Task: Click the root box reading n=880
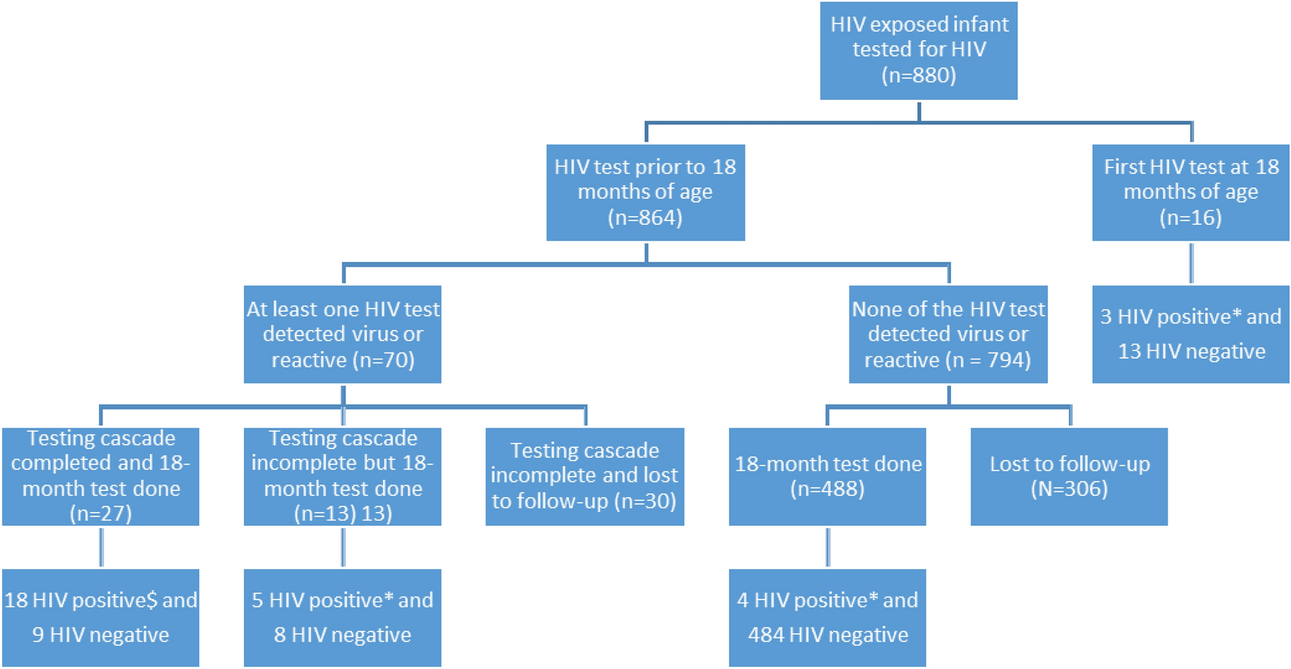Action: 918,50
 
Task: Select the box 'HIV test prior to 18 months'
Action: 645,192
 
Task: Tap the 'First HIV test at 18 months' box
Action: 1190,192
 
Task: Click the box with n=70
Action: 342,334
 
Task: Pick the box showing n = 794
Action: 948,334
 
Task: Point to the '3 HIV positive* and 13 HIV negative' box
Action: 1190,334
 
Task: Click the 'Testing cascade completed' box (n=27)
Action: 100,476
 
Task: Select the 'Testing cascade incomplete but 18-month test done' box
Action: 342,476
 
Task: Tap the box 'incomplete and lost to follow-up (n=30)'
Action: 585,476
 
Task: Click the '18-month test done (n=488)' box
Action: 828,476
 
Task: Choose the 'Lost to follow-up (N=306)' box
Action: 1069,476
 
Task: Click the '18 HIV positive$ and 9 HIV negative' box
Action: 100,617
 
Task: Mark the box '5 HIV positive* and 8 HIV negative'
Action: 342,617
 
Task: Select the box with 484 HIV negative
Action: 828,617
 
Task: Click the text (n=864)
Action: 645,218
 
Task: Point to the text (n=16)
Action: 1190,218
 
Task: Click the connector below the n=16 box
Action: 1191,263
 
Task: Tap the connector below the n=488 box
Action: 828,546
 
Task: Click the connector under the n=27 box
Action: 101,546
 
